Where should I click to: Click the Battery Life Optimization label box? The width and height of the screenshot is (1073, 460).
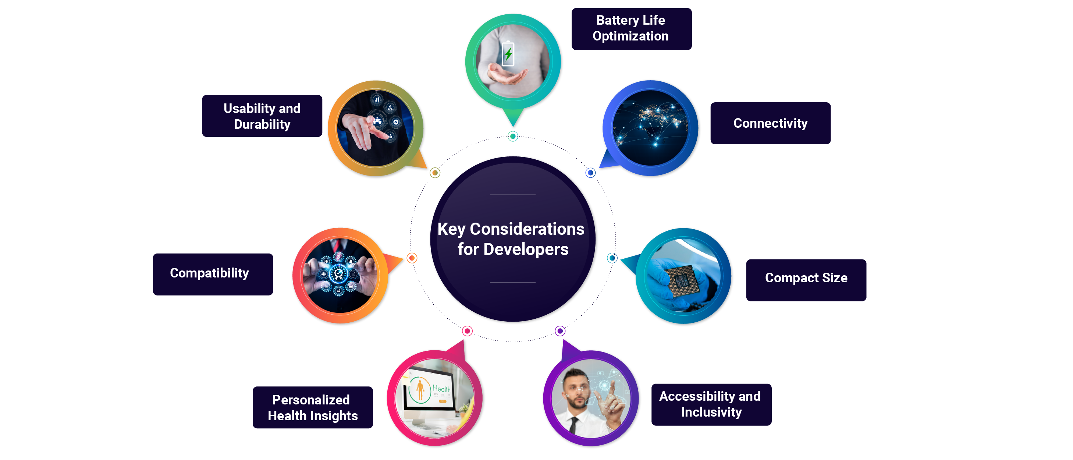coord(631,29)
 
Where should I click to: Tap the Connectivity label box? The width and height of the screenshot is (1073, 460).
coord(770,123)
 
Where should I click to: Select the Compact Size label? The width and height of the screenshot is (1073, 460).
coord(806,278)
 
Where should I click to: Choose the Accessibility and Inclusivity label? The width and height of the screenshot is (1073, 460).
coord(711,404)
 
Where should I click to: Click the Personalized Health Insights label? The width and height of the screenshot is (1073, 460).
coord(312,407)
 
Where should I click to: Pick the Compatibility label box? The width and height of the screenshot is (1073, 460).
coord(213,274)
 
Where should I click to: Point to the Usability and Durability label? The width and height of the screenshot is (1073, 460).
coord(262,116)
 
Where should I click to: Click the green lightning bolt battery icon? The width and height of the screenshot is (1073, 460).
coord(508,54)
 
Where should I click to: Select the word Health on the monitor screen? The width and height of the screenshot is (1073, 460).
coord(441,388)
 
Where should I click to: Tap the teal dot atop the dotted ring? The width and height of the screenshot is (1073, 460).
coord(513,136)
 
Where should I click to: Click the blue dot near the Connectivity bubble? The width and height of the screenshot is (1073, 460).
coord(590,173)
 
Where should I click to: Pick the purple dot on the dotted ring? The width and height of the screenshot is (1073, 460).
coord(560,331)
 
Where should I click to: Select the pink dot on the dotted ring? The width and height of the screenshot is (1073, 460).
coord(468,331)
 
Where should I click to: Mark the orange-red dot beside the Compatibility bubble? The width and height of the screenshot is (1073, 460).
coord(412,258)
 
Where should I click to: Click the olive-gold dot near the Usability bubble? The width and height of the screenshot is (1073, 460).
coord(435,173)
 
